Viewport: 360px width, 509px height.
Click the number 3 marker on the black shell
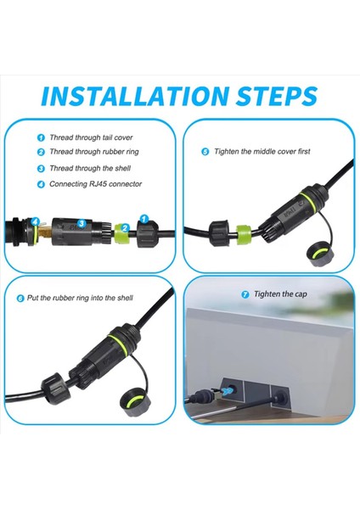click(x=82, y=224)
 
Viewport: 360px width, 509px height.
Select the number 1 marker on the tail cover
click(x=144, y=217)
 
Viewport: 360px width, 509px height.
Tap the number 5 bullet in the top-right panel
click(x=205, y=151)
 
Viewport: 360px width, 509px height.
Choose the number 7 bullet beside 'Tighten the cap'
click(x=245, y=294)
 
